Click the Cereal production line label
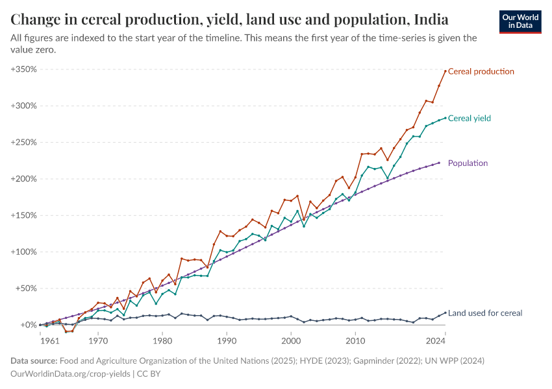click(x=481, y=71)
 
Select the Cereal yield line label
click(x=470, y=119)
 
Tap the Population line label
click(x=468, y=163)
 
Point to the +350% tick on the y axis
click(x=23, y=69)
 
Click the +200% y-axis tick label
click(x=23, y=179)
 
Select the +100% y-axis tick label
click(x=23, y=252)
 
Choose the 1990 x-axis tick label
click(x=227, y=339)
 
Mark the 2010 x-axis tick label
click(x=355, y=339)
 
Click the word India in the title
click(x=430, y=18)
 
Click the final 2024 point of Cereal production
click(x=445, y=71)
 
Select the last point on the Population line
click(x=439, y=163)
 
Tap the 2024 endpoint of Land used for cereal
click(x=445, y=312)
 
